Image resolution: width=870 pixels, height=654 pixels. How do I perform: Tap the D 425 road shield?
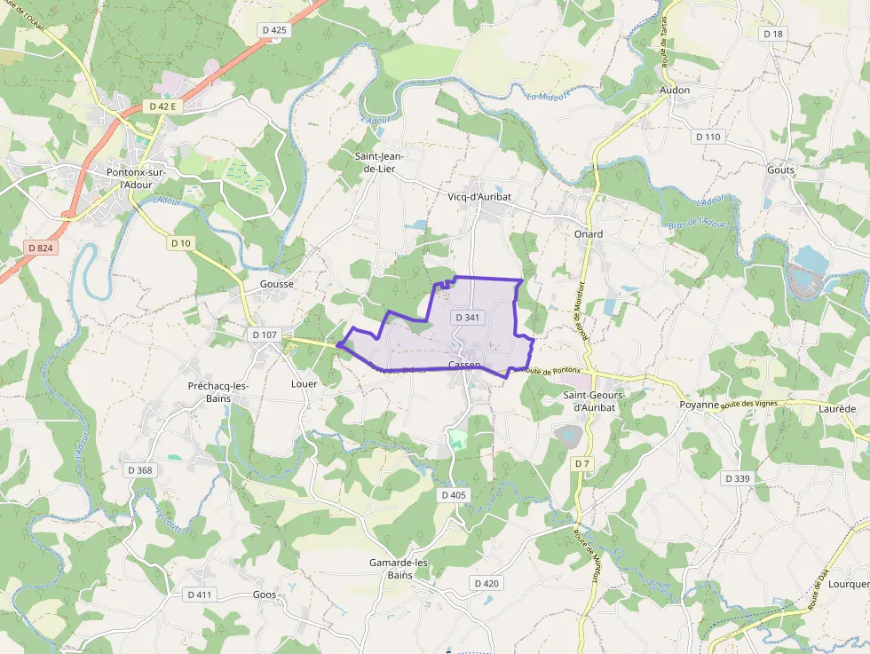click(x=275, y=30)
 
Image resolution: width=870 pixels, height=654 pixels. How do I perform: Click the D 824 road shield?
click(x=40, y=248)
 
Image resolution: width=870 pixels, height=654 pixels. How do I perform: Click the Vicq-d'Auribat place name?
click(x=479, y=196)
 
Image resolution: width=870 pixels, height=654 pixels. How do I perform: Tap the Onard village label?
click(x=588, y=234)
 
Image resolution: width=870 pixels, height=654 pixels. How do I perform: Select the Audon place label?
click(x=675, y=91)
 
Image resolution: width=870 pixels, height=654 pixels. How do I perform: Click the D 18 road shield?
click(x=773, y=34)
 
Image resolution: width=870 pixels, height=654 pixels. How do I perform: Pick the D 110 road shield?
click(x=708, y=137)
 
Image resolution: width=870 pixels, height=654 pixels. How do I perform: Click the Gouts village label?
click(x=781, y=169)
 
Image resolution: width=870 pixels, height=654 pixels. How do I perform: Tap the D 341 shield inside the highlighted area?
click(x=467, y=317)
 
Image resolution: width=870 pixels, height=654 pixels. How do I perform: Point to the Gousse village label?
click(x=276, y=284)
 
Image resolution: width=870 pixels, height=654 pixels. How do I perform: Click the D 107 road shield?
click(x=265, y=335)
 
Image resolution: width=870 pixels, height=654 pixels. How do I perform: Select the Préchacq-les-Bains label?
click(x=218, y=392)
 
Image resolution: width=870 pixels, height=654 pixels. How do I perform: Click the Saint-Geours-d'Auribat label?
click(x=595, y=401)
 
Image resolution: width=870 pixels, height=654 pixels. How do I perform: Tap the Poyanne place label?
click(x=699, y=404)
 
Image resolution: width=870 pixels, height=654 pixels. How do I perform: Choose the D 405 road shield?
click(x=453, y=495)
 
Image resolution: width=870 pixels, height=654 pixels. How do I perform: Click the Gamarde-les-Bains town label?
click(x=399, y=569)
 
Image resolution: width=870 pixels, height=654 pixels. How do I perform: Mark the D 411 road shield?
click(x=201, y=595)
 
